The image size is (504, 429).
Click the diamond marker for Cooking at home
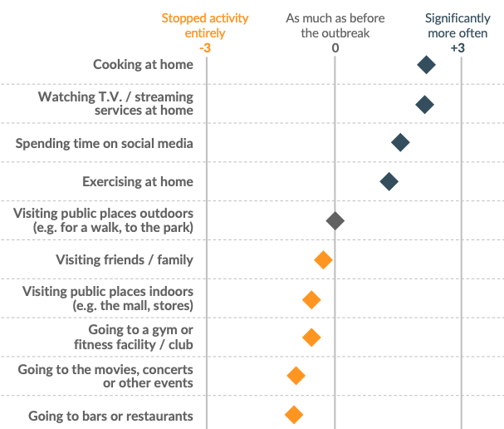tap(426, 65)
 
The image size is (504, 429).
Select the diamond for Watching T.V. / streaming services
tap(424, 104)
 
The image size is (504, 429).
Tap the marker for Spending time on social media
tap(400, 143)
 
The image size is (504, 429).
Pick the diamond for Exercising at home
tap(389, 181)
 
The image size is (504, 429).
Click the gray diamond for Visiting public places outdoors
tap(335, 220)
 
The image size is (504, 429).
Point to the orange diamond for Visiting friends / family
tap(323, 260)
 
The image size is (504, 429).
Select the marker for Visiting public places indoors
tap(311, 299)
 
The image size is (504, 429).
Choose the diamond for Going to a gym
tap(311, 337)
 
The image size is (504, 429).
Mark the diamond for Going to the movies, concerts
tap(296, 376)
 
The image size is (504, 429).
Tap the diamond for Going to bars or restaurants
tap(293, 414)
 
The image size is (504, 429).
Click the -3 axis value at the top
tap(205, 48)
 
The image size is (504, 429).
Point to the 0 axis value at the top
tap(335, 48)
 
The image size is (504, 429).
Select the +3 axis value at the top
tap(457, 48)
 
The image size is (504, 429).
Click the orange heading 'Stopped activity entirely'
tap(193, 25)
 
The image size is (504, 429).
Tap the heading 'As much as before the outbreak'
tap(335, 25)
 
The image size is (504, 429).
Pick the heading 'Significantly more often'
tap(457, 25)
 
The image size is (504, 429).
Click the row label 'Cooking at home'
tap(143, 65)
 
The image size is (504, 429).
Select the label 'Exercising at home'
tap(138, 181)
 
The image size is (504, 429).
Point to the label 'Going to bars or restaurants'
tap(110, 415)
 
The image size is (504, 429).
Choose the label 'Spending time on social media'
tap(105, 143)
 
